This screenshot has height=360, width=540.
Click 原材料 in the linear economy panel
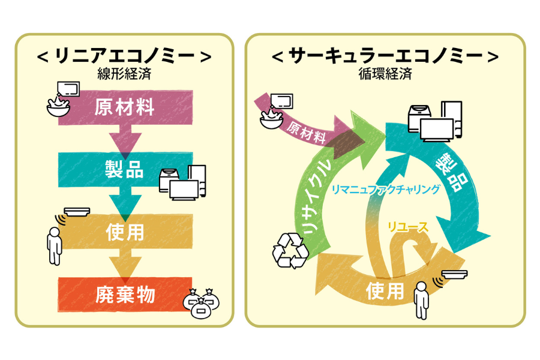tap(124, 108)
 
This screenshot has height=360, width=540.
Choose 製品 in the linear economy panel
tap(124, 170)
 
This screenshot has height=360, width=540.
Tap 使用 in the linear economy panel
tap(124, 232)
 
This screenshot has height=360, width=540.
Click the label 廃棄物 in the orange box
tap(124, 294)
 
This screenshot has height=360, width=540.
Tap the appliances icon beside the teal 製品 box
tap(182, 182)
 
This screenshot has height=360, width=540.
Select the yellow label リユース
tap(408, 226)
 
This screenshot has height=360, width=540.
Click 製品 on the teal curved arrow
tap(451, 172)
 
